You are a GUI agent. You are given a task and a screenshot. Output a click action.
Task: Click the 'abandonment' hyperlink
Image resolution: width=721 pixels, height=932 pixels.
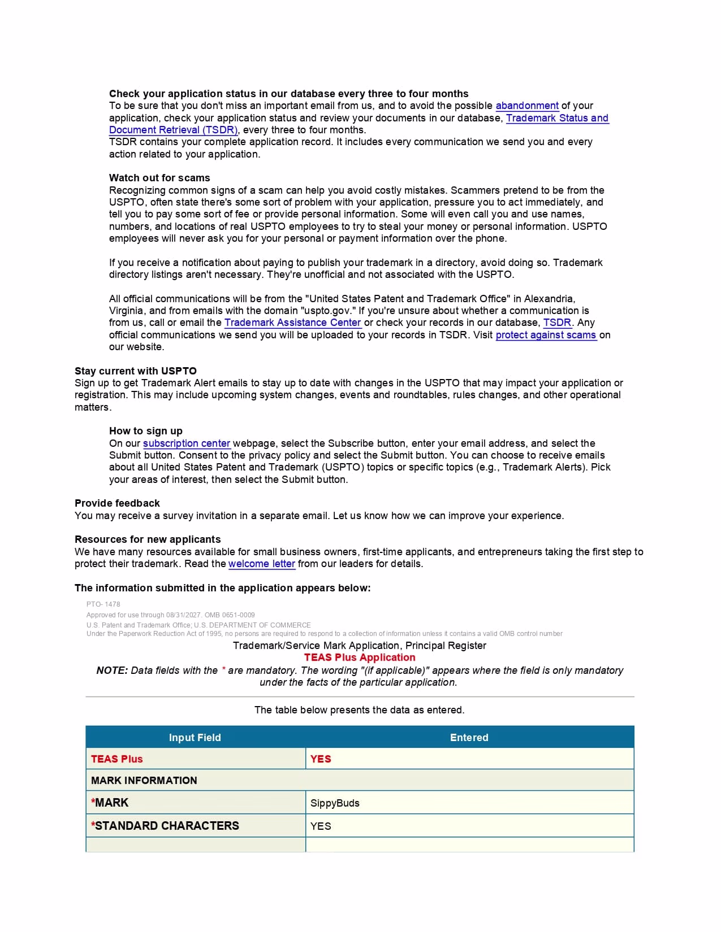pos(527,106)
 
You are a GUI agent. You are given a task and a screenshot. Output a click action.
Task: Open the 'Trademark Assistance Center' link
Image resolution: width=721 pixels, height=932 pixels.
pos(292,323)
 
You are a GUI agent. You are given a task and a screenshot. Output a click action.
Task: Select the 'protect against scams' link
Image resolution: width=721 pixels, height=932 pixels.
pos(546,335)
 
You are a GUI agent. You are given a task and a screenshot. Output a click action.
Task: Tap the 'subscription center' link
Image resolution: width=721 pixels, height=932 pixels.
pos(187,443)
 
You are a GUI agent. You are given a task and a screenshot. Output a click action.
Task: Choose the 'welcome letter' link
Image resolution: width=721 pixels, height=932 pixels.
pos(262,564)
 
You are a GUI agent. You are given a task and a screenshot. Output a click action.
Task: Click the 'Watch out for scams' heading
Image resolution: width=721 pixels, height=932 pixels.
pos(159,178)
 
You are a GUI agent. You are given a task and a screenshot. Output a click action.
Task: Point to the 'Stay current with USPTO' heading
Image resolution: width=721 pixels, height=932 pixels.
pos(136,371)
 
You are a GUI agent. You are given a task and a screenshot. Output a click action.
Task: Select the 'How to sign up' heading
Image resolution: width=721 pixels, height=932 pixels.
pos(146,431)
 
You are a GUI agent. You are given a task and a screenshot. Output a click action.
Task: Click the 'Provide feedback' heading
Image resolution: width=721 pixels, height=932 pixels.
pos(117,503)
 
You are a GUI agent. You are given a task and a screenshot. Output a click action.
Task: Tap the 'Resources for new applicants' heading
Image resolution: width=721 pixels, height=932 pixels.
pos(148,539)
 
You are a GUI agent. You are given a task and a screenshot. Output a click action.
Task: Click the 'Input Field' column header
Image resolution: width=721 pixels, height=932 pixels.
pos(195,738)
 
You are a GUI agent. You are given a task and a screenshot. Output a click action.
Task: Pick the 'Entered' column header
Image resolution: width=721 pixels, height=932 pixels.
pos(469,738)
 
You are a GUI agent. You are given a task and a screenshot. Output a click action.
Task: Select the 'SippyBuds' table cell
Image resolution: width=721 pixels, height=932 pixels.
pos(335,803)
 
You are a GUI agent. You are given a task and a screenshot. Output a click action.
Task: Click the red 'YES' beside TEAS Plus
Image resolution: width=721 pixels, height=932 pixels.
pos(321,759)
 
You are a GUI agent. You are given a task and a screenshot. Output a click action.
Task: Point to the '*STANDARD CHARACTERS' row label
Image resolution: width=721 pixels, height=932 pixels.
pos(165,826)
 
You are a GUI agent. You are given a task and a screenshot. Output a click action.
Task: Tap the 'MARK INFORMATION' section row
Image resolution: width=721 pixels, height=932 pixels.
pos(144,781)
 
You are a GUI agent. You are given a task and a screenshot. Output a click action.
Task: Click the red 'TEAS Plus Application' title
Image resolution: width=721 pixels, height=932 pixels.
pos(360,657)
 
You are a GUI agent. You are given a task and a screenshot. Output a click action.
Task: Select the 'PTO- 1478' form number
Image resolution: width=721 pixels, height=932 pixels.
pos(103,604)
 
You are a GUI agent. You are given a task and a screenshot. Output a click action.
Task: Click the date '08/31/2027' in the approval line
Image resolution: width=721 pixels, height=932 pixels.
pos(184,615)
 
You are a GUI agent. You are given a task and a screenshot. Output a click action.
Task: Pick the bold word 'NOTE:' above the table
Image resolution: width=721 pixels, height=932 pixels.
pos(112,670)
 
